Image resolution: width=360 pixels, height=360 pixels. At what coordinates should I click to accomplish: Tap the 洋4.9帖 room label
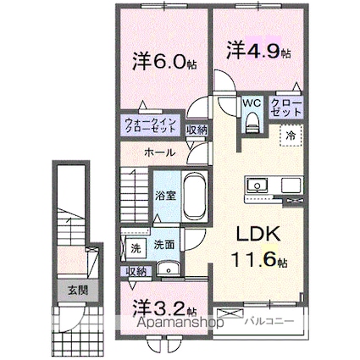pos(258,51)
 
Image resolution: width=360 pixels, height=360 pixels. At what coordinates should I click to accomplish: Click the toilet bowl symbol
pos(252,124)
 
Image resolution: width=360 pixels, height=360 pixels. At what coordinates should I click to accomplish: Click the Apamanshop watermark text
pos(177,328)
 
